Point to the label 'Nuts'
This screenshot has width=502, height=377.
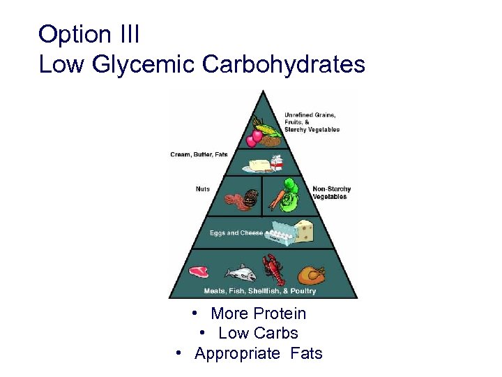coord(202,189)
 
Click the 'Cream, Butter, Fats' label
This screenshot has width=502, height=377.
coord(199,154)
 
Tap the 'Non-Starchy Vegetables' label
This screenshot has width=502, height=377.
coord(331,193)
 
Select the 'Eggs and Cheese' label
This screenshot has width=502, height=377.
coord(236,232)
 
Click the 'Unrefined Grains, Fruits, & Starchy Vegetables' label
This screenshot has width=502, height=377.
coord(311,122)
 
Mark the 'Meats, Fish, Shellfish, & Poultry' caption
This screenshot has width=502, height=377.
coord(259,291)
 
